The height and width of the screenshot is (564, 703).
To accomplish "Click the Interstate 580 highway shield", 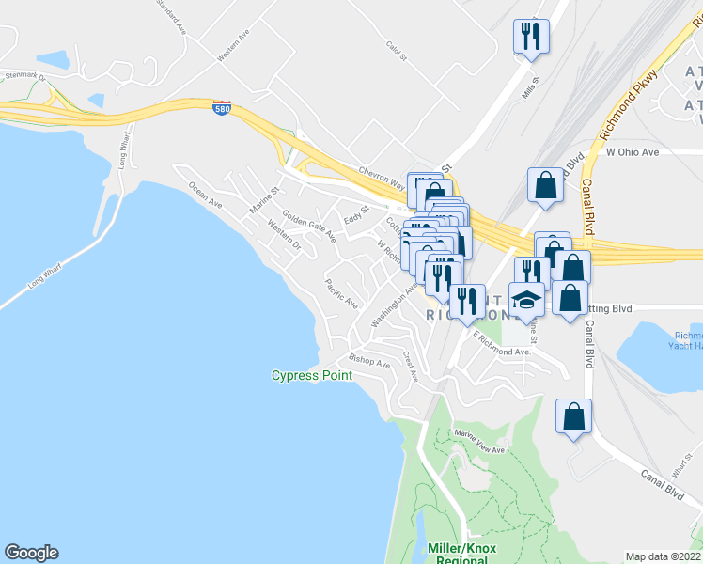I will tap(222, 106).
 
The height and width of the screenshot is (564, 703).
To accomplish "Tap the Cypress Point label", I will tap(312, 376).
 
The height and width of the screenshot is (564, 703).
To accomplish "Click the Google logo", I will tap(31, 553).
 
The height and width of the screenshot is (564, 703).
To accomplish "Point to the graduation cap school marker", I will tap(527, 301).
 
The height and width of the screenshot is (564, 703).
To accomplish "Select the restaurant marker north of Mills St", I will tap(531, 36).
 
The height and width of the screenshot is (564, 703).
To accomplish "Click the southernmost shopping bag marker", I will tap(573, 416).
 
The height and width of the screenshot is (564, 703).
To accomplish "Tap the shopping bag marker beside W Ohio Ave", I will tap(546, 185).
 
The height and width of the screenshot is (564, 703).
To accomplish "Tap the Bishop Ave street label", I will tap(368, 360).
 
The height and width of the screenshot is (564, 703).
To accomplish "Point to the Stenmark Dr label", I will tap(25, 75).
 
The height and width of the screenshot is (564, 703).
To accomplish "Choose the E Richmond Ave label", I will tap(503, 343).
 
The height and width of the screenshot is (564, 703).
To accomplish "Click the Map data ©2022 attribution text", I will tap(662, 556).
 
